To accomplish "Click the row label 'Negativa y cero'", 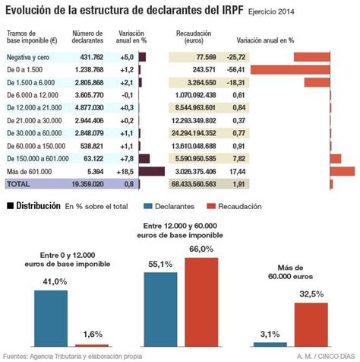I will pyautogui.click(x=29, y=57).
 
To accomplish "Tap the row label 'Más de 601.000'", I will pyautogui.click(x=28, y=171).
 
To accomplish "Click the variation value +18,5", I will pyautogui.click(x=125, y=171).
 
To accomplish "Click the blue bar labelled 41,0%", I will pyautogui.click(x=49, y=317).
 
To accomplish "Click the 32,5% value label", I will pyautogui.click(x=311, y=294).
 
